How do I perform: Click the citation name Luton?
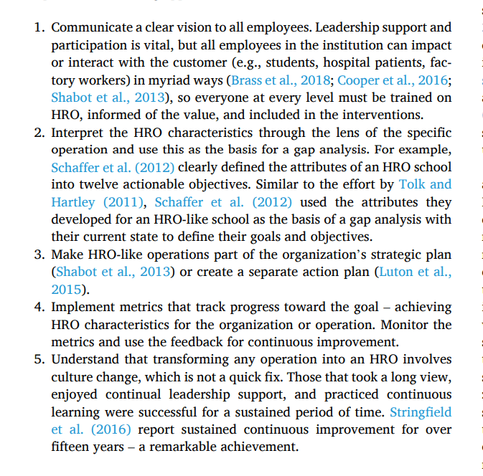394,272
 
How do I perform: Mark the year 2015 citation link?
67,290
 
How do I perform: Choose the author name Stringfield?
421,412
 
